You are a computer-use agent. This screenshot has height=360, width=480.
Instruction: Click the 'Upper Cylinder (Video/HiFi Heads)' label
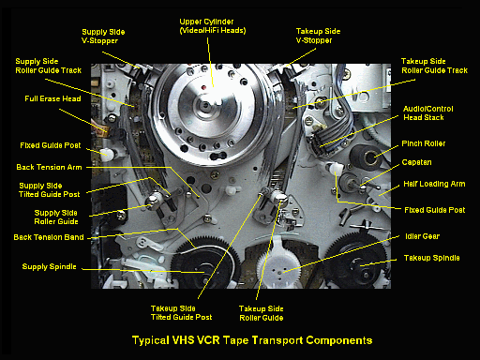click(x=213, y=26)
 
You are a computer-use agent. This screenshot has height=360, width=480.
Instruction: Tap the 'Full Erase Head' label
click(x=52, y=98)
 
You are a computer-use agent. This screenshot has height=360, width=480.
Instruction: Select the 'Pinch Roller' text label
click(x=424, y=143)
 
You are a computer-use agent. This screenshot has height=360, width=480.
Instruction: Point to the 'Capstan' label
click(x=416, y=162)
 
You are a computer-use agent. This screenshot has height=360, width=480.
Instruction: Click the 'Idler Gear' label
click(x=422, y=236)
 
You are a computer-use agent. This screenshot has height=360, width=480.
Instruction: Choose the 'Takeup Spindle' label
click(x=431, y=258)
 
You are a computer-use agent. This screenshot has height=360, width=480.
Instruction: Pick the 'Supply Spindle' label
click(x=49, y=266)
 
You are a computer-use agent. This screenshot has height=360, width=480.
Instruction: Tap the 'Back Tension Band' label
click(x=49, y=237)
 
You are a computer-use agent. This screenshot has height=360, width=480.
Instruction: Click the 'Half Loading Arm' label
click(x=434, y=184)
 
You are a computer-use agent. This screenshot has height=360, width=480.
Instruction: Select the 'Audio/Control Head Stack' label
click(x=427, y=113)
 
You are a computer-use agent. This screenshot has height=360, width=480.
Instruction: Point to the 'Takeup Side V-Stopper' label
click(x=318, y=36)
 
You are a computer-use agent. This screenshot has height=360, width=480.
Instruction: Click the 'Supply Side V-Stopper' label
click(x=103, y=37)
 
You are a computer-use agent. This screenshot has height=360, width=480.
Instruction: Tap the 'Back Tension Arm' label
click(x=49, y=167)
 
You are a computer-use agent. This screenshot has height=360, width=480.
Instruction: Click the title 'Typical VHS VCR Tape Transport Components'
click(x=252, y=340)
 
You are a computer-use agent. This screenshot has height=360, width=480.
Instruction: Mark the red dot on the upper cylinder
click(x=203, y=87)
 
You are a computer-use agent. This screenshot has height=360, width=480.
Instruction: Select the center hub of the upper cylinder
click(x=205, y=106)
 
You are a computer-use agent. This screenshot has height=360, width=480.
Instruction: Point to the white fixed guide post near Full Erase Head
click(x=106, y=153)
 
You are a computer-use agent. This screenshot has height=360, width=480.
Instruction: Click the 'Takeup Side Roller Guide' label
click(x=262, y=313)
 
